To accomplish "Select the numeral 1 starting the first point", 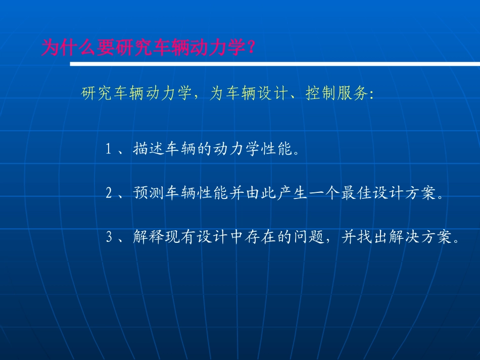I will point(108,149).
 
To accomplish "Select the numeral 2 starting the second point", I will point(108,194).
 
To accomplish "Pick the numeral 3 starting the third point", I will point(108,238).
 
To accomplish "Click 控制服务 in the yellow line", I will point(337,94).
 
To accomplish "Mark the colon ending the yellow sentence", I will point(372,95).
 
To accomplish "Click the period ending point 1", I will point(296,152).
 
